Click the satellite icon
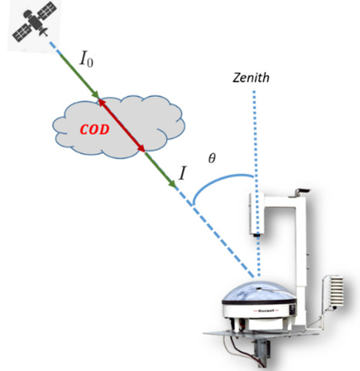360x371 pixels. click(34, 23)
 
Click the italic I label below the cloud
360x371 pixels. click(182, 172)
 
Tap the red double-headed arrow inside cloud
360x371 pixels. click(121, 124)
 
